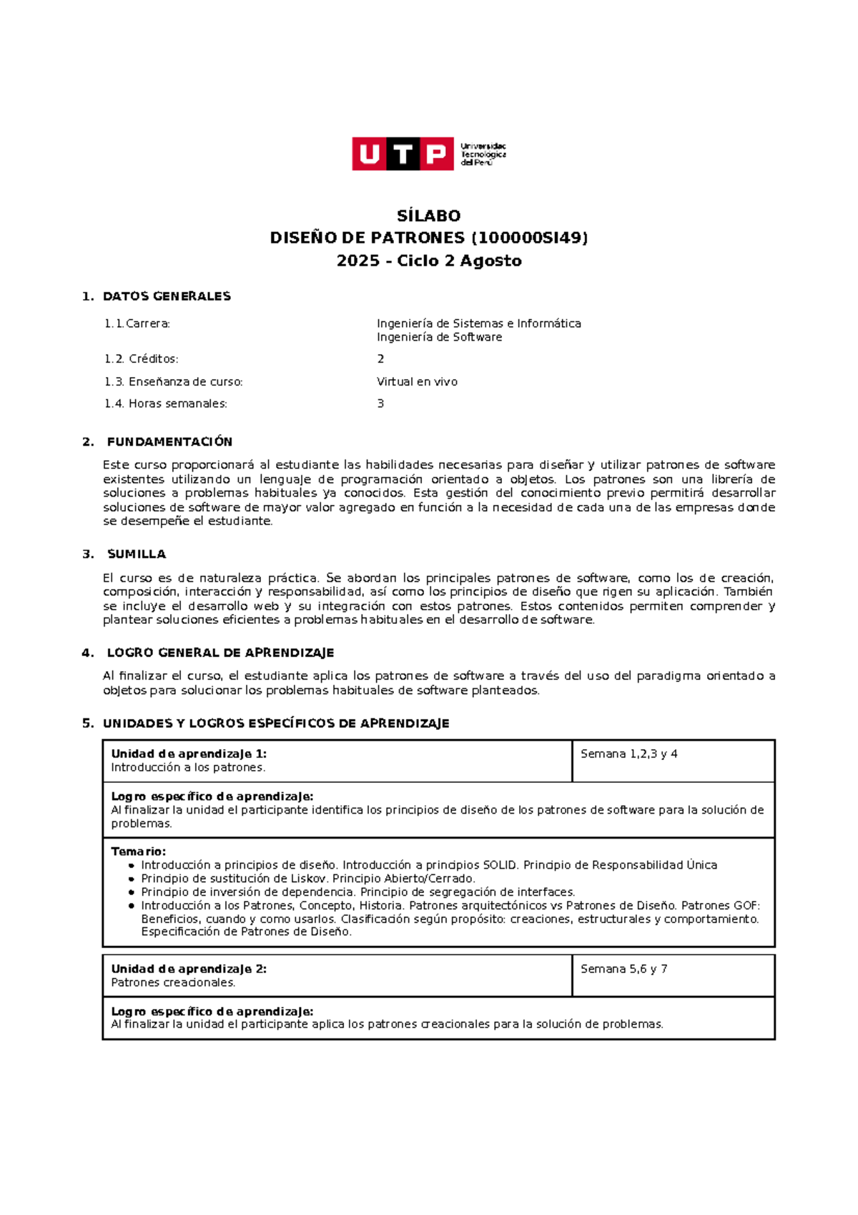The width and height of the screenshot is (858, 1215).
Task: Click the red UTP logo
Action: coord(403,154)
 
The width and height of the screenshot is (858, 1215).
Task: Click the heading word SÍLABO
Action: coord(428,215)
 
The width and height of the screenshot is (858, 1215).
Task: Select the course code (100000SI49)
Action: coord(529,238)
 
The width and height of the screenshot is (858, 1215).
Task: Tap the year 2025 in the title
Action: coord(357,260)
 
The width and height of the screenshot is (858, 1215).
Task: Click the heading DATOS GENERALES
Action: coord(167,296)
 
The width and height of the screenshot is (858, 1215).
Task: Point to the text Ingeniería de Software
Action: coord(439,337)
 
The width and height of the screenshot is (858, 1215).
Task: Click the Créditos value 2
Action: coord(380,358)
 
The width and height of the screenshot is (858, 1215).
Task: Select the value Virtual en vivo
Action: coord(417,381)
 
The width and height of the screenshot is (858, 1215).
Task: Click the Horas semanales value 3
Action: coord(380,404)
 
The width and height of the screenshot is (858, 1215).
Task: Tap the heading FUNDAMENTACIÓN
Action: coord(169,441)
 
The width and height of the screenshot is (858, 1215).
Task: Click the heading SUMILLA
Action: coord(136,554)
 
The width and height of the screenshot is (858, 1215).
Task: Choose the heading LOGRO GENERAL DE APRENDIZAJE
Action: coord(220,653)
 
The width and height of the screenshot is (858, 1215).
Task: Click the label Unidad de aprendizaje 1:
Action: coord(189,753)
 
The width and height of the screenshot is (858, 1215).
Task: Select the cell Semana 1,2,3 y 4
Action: coord(628,753)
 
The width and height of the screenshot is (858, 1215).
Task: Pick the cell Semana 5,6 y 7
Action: coord(623,969)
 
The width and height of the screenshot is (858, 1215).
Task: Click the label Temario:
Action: coord(138,852)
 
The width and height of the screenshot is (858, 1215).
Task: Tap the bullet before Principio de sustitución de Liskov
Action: coord(132,879)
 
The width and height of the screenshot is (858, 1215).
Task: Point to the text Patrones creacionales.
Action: coord(173,982)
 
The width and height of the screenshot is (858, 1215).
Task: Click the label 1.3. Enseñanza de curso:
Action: coord(173,381)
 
